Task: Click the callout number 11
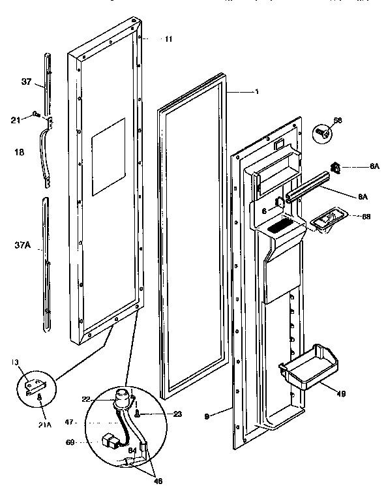[168, 39]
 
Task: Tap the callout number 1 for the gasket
[256, 91]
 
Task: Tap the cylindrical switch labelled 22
[121, 397]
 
